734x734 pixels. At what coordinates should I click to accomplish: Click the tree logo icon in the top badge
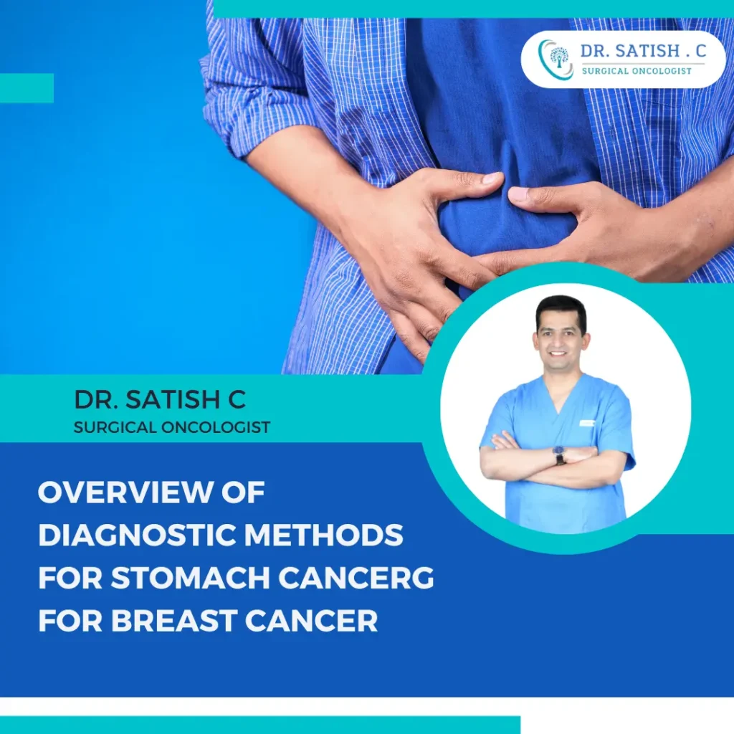click(558, 59)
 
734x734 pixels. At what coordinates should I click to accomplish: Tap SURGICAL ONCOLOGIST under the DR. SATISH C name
click(172, 428)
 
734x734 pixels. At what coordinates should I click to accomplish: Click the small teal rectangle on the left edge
click(27, 87)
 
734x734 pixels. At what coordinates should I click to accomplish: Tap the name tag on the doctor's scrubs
click(587, 424)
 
